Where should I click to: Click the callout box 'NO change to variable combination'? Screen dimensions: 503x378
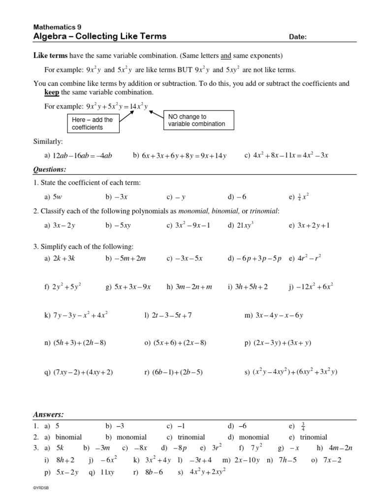(x=197, y=120)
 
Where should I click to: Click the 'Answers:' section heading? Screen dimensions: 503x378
(x=48, y=415)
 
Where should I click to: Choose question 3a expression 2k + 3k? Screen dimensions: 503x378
(x=63, y=258)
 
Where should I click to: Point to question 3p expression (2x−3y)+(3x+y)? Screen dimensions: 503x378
(x=282, y=343)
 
